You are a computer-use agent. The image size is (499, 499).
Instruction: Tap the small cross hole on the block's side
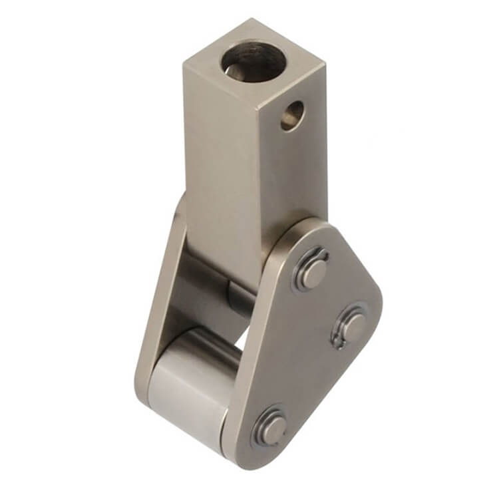(x=291, y=115)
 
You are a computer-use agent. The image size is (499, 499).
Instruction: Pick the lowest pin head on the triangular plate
(x=270, y=428)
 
